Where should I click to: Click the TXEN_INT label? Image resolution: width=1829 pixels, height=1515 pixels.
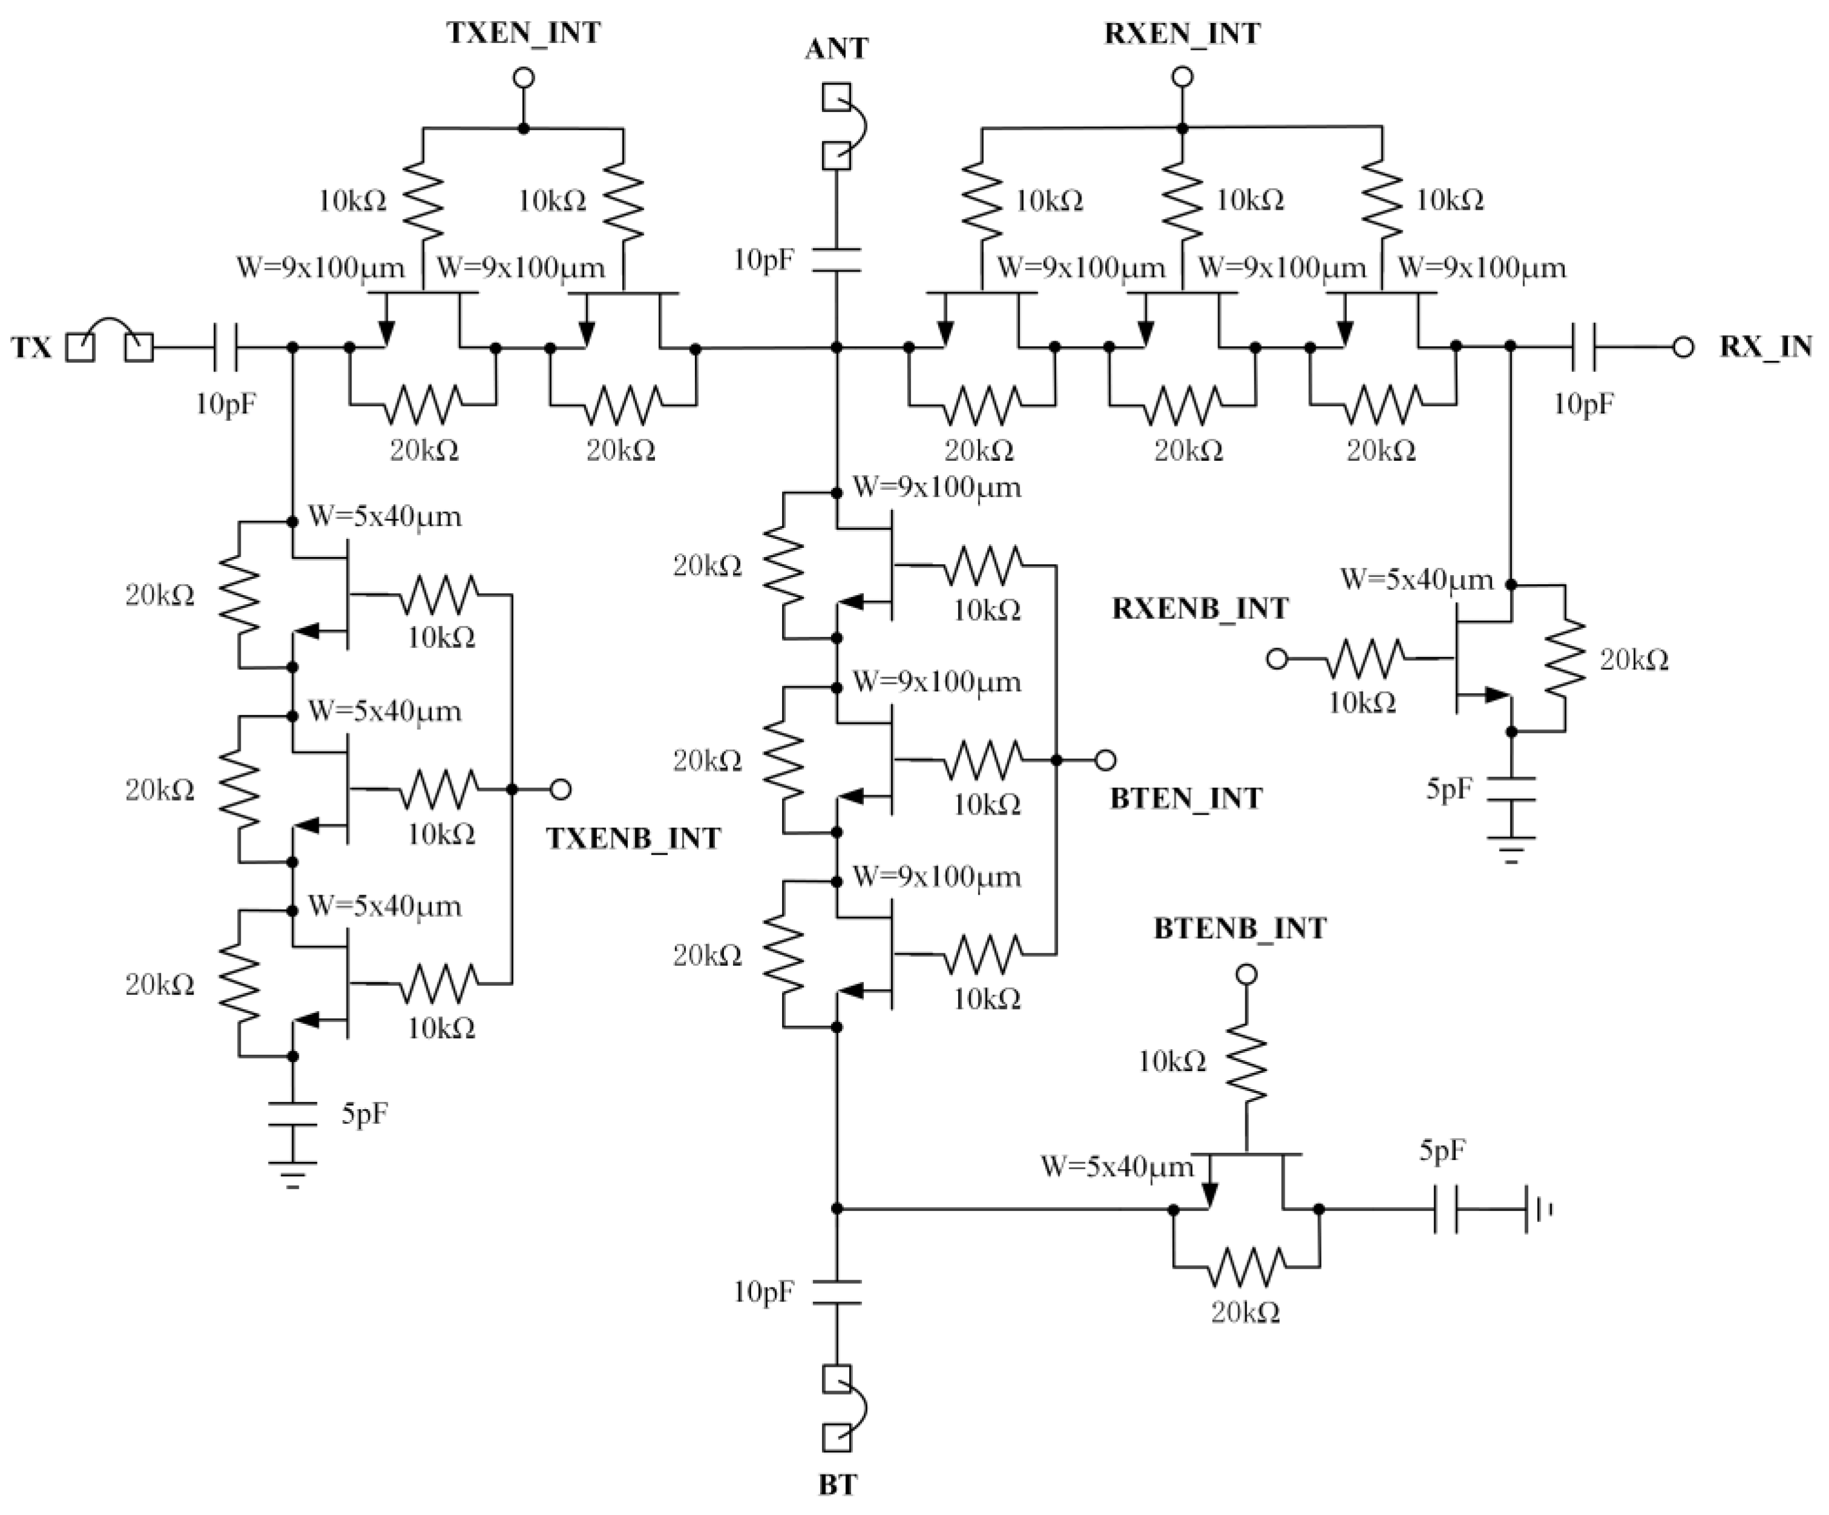(x=523, y=33)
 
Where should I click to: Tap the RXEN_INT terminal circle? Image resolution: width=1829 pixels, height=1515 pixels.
(x=1182, y=77)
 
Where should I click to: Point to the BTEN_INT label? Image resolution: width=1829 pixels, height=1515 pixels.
(x=1185, y=798)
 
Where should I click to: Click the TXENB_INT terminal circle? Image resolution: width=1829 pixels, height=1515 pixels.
(x=561, y=790)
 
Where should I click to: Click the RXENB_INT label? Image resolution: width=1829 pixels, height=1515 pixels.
(x=1200, y=608)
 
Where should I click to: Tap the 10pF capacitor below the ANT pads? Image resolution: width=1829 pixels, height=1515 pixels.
(x=836, y=260)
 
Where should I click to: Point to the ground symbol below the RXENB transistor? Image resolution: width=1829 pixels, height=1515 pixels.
(x=1511, y=849)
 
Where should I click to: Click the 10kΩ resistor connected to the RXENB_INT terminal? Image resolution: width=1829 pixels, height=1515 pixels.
(x=1364, y=659)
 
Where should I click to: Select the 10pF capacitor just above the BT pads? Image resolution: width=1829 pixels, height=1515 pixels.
(x=836, y=1292)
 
